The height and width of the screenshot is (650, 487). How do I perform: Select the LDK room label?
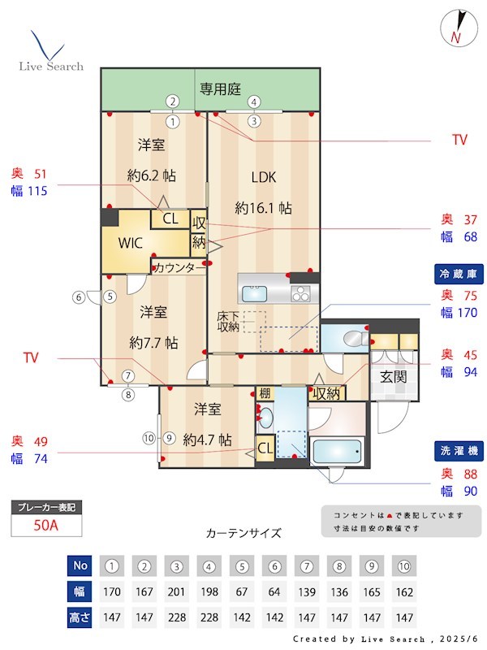264,177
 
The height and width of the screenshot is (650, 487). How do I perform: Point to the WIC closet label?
131,242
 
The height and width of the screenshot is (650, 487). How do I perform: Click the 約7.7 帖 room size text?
153,343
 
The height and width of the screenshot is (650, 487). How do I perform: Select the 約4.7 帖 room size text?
208,440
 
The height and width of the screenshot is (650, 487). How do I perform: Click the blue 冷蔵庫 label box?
459,274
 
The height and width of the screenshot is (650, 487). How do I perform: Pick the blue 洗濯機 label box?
459,451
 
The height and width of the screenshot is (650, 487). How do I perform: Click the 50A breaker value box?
46,525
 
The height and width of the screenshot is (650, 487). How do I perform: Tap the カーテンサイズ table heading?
243,533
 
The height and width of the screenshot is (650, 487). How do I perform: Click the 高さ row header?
78,618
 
